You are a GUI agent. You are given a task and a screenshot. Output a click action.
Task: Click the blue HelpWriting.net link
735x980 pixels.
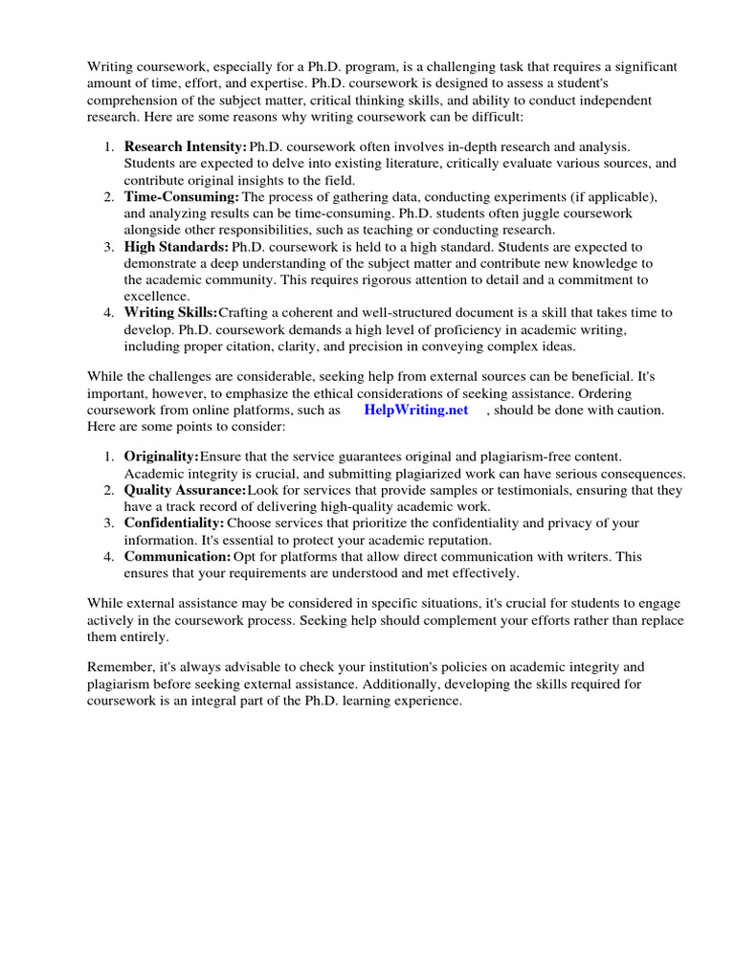point(416,410)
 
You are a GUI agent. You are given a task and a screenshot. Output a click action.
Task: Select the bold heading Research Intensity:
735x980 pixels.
point(185,147)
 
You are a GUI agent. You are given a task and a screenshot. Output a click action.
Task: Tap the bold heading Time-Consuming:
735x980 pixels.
point(181,197)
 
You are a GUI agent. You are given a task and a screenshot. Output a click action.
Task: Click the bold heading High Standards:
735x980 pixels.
point(176,247)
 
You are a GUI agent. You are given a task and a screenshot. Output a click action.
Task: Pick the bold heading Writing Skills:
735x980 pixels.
point(170,313)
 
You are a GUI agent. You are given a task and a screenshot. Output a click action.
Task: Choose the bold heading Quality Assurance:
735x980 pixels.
point(185,491)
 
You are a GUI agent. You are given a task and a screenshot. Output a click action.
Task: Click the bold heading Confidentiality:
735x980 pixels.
point(174,523)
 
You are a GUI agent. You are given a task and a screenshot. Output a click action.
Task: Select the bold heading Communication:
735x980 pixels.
point(177,556)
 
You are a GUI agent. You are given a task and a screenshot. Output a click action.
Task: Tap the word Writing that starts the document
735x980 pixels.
point(112,67)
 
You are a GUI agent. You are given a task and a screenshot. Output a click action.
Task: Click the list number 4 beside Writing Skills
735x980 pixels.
point(108,313)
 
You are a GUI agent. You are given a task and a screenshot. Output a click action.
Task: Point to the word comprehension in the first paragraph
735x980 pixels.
point(137,100)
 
